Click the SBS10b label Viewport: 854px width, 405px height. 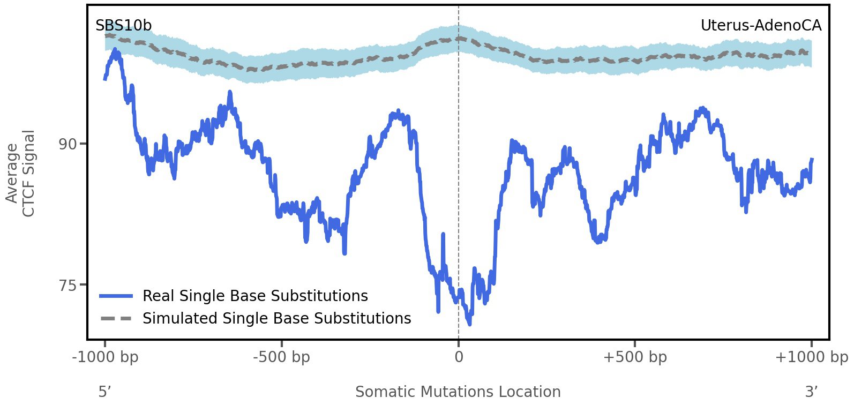point(123,26)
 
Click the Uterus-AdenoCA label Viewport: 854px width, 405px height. point(760,26)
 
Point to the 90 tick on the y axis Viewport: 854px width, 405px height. point(68,144)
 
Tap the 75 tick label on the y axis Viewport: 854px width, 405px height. point(68,285)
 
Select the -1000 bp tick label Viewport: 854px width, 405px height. point(105,357)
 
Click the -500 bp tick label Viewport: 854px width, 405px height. point(282,357)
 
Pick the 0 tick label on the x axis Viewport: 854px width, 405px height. point(459,357)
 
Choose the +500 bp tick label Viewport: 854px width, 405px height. point(635,357)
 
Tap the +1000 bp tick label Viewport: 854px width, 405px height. point(811,357)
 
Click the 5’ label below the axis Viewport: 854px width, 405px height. point(104,392)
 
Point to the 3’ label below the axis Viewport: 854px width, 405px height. point(812,392)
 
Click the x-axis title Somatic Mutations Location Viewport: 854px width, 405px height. point(458,392)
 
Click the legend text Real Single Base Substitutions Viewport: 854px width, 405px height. point(255,296)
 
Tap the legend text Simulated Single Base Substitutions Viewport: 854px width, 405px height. point(276,319)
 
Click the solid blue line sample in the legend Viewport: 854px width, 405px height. point(116,296)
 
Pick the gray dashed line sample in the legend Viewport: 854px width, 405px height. point(116,319)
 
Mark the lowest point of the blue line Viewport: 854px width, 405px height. point(469,324)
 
